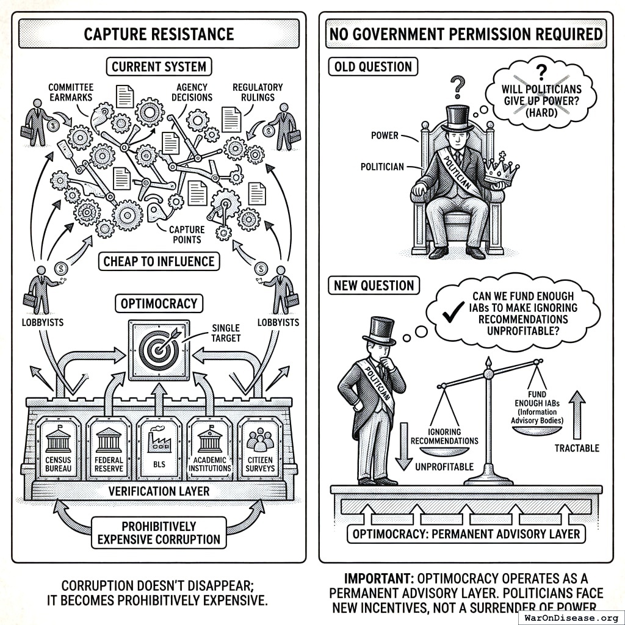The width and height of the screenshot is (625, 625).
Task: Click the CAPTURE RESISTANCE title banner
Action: [x=159, y=34]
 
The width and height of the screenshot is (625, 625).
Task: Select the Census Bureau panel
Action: [x=59, y=449]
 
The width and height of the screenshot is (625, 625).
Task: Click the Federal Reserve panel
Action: [x=109, y=449]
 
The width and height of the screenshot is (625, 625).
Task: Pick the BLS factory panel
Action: [x=159, y=449]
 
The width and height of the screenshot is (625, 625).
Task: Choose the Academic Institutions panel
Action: [x=210, y=449]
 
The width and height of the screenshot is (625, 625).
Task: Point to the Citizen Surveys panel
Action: [x=260, y=449]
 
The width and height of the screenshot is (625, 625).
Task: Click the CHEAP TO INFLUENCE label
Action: [x=159, y=262]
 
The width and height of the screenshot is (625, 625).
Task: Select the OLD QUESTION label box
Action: [x=372, y=67]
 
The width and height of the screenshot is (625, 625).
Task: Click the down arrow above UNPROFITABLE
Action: [x=402, y=446]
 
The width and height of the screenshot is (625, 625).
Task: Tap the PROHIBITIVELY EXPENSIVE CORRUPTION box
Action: [x=159, y=532]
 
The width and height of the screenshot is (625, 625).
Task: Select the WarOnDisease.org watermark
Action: [x=571, y=616]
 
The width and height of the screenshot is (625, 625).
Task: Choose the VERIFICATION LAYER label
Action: [x=159, y=491]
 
